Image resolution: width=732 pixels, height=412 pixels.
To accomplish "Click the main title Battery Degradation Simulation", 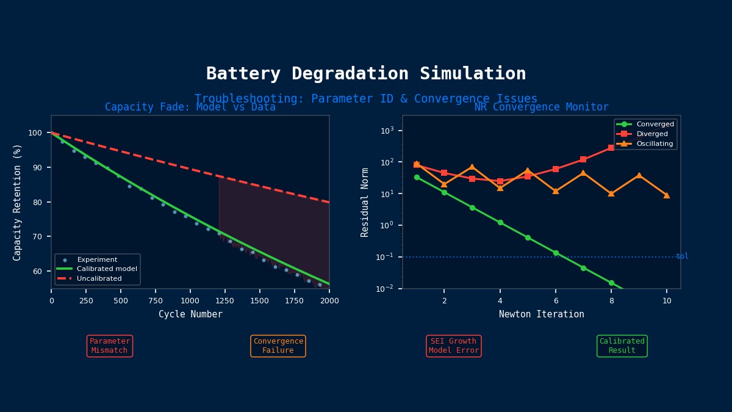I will point(366,74).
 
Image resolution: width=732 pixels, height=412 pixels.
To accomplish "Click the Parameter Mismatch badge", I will point(110,346).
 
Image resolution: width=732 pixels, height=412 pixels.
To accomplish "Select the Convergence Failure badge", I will point(278,346).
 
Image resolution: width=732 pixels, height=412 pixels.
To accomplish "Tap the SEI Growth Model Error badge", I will point(454,346).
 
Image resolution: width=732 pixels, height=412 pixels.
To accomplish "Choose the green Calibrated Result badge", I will point(622,346).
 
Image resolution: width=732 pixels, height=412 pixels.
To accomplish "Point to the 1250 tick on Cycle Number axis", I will point(225,300).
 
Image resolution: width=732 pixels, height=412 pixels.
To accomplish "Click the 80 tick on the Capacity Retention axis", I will point(38,202).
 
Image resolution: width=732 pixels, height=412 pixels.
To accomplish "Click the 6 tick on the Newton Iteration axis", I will point(556,300).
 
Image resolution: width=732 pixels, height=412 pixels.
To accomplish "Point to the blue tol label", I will point(682,256).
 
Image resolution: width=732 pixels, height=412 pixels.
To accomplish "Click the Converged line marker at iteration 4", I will point(500,223).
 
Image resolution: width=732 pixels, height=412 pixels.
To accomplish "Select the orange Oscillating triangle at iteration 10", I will point(667,195).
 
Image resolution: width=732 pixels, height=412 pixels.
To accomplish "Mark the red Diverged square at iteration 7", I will point(583,159).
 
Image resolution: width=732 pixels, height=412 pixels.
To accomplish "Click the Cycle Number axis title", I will point(190,314).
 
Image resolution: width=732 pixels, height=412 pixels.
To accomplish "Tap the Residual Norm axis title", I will point(365,202).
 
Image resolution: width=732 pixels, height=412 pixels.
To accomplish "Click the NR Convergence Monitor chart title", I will point(542,107).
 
